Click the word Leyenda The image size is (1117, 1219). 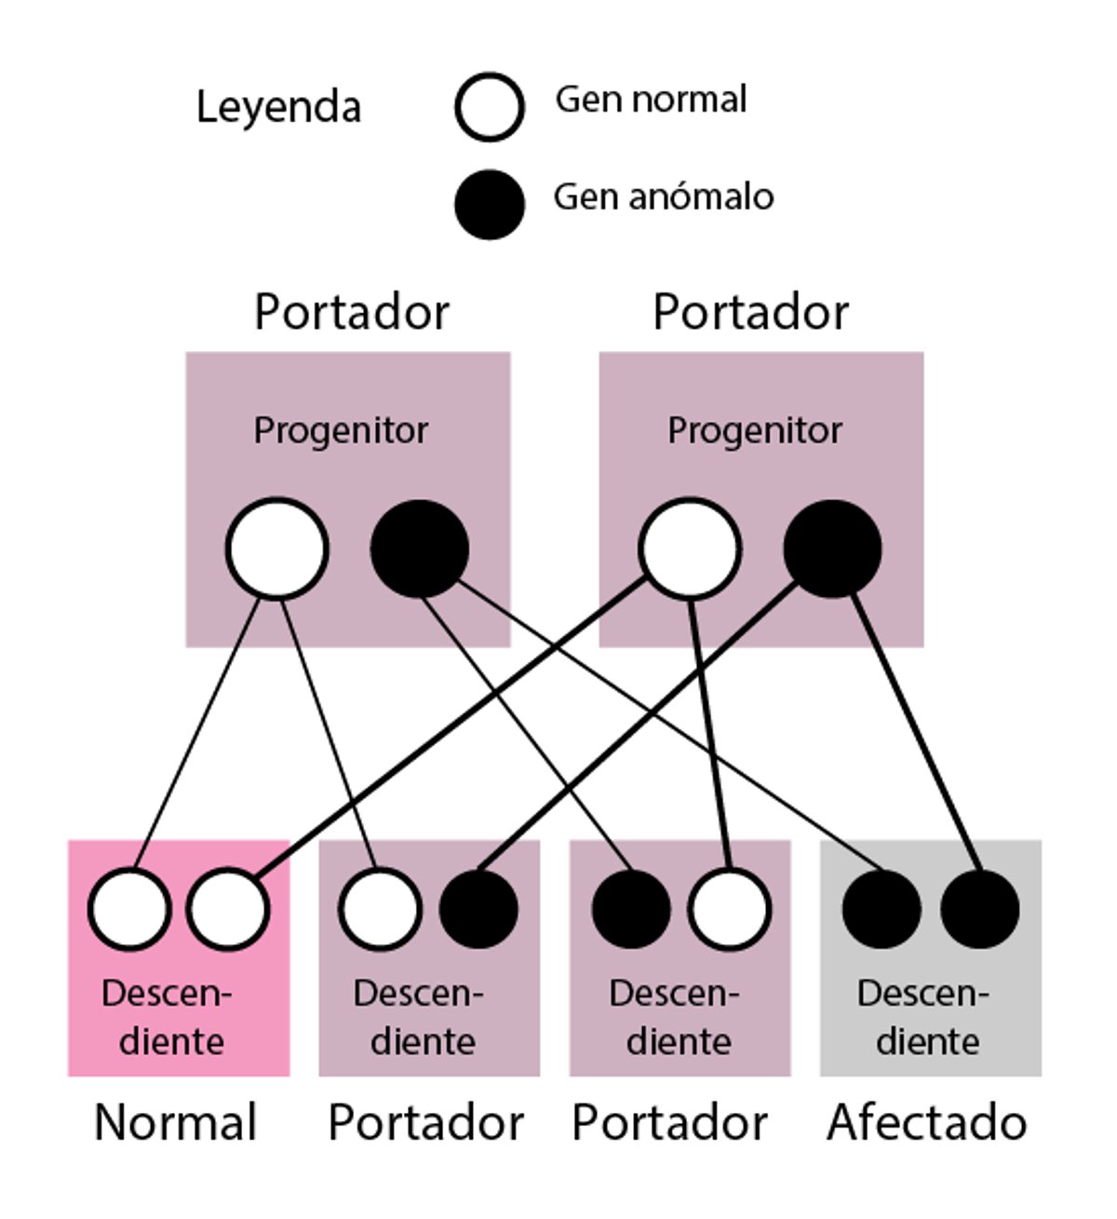coord(278,107)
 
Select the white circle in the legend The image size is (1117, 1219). coord(490,107)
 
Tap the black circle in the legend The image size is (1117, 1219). coord(490,204)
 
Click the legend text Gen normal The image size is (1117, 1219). coord(651,100)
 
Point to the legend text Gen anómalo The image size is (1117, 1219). coord(663,196)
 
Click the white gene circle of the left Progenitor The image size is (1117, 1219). coord(277,549)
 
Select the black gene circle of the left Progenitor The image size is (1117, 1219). coord(420,549)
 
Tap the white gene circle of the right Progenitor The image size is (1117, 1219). coord(690,549)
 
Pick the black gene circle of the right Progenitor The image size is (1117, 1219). coord(832,549)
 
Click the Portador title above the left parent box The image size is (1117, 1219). coord(352,312)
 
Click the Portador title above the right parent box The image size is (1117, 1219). coord(750,312)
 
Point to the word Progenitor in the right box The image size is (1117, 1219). coord(755,430)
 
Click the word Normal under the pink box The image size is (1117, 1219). coord(176,1122)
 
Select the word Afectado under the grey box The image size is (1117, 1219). coord(927,1122)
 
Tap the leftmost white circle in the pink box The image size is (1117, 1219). coord(129,909)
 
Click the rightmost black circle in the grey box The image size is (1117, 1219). coord(979,909)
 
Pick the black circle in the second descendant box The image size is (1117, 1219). coord(478,909)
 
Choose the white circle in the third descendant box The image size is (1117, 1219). coord(730,909)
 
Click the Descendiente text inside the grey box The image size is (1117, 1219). coord(924,1017)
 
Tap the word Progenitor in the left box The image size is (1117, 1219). coord(341,430)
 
